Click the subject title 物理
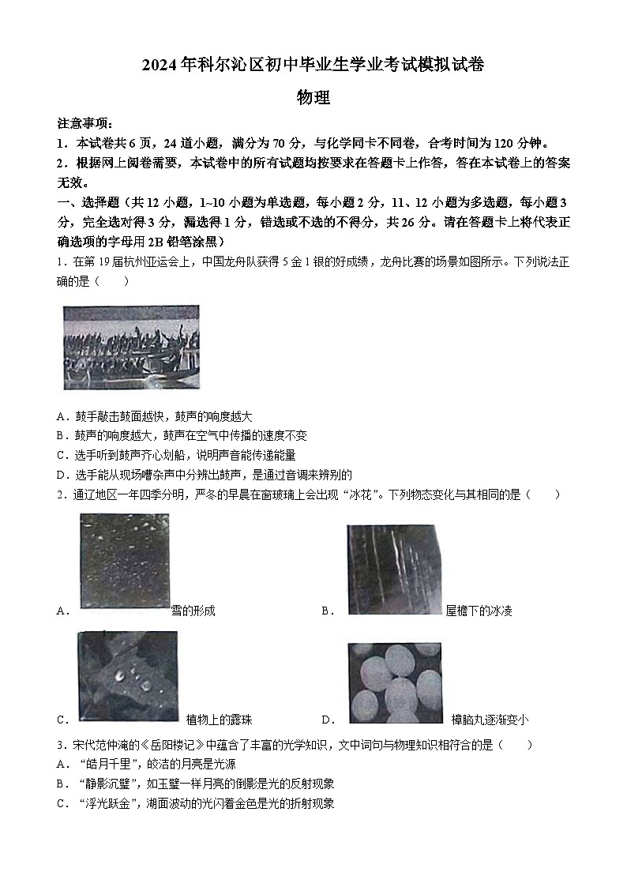coord(313,98)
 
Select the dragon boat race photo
coord(131,347)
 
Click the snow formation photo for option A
coord(124,562)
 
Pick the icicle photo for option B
coord(393,569)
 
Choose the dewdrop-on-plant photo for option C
coord(128,677)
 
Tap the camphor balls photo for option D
coord(395,682)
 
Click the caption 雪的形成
coord(193,611)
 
